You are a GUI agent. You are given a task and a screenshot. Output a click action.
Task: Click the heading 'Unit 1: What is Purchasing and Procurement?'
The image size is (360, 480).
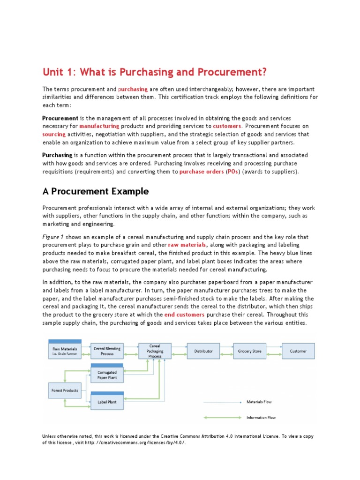click(x=155, y=72)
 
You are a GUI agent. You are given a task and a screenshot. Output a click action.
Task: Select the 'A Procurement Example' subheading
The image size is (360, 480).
click(x=96, y=191)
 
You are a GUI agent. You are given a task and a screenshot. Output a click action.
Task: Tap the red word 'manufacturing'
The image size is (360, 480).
click(x=99, y=126)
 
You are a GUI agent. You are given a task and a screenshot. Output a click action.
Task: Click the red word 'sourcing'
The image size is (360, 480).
click(x=54, y=134)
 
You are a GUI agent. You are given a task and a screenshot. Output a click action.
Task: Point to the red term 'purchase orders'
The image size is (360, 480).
click(x=201, y=172)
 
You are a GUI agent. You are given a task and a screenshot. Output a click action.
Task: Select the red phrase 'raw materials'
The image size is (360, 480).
click(x=187, y=245)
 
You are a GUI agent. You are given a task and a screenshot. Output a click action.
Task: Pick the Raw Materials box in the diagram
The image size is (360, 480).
click(x=65, y=351)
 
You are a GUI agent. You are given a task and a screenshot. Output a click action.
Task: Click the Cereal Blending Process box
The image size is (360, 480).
click(x=107, y=351)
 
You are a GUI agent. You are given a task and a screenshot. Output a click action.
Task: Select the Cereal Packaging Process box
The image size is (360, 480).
click(x=155, y=351)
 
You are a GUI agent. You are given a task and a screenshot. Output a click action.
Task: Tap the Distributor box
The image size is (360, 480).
click(x=203, y=351)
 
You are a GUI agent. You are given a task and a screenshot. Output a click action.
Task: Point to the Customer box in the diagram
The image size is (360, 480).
click(x=298, y=351)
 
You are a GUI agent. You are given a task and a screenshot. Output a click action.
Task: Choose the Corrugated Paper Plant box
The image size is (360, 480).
click(x=107, y=375)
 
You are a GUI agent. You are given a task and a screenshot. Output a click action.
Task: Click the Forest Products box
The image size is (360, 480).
click(x=64, y=390)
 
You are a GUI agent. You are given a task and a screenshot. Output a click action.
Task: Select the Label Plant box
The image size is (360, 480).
click(x=107, y=402)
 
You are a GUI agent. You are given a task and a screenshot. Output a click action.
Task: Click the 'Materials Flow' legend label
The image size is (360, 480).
click(x=259, y=402)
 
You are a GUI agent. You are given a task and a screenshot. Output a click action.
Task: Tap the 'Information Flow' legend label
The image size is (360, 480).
click(x=261, y=417)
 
